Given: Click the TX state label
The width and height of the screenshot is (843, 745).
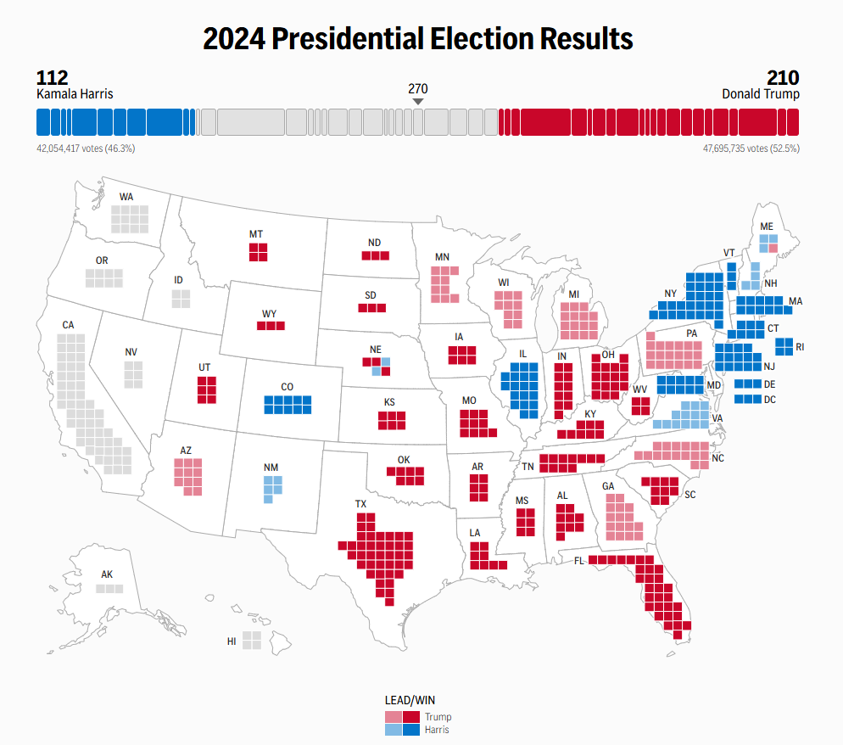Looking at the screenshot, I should tap(361, 504).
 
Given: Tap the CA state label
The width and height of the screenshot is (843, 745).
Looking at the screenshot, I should tap(69, 325).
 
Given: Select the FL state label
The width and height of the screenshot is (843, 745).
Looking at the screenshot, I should tap(578, 561).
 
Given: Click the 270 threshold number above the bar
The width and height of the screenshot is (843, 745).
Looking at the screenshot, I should tap(417, 88).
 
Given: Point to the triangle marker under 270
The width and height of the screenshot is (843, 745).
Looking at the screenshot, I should tap(417, 102).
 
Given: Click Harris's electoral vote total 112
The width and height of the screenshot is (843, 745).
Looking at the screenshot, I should tap(52, 77).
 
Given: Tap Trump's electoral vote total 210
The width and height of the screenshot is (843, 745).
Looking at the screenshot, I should tap(782, 77).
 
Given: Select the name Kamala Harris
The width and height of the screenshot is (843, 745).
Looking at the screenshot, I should tap(75, 94).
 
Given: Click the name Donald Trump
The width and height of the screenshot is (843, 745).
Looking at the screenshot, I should tap(760, 94).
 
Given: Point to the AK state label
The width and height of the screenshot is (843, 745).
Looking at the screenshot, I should tap(107, 574).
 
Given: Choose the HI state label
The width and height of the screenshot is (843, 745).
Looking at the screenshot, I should tap(232, 641).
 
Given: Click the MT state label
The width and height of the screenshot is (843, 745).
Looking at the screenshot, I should tap(255, 233).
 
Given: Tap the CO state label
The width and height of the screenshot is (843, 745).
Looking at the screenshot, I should tap(288, 387).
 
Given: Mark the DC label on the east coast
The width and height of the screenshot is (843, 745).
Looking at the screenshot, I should tap(770, 399).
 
